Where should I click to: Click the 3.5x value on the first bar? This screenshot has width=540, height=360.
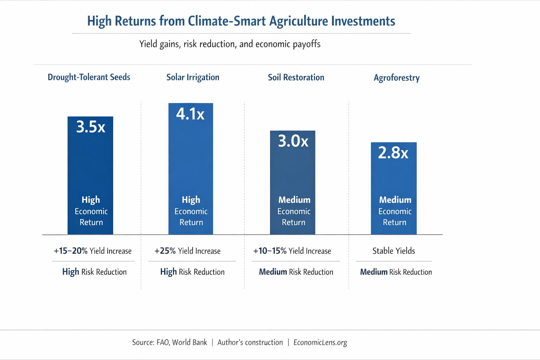(x=91, y=127)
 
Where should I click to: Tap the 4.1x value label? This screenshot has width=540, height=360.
(x=190, y=114)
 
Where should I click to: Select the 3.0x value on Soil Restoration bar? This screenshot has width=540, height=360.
(x=293, y=141)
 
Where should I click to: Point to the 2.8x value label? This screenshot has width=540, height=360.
(x=393, y=153)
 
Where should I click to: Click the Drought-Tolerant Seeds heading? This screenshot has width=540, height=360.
(x=89, y=77)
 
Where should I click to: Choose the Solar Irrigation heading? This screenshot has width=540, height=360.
(x=193, y=77)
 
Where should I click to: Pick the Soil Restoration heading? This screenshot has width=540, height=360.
(x=296, y=77)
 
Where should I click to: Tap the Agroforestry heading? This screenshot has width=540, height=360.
(x=397, y=78)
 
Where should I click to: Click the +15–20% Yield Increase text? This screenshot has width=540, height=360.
(x=92, y=251)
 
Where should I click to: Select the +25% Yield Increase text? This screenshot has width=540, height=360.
(x=187, y=251)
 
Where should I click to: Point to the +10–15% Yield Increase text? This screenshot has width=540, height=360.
(x=292, y=251)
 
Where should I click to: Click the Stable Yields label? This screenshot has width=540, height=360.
(x=394, y=251)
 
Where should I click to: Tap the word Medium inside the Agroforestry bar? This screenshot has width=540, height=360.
(x=395, y=200)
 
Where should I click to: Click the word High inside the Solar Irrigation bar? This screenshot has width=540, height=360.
(x=191, y=200)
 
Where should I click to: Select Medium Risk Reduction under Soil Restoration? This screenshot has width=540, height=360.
(x=296, y=272)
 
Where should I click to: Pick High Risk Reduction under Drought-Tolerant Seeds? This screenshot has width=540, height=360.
(x=94, y=272)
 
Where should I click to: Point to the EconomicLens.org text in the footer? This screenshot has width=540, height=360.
(x=320, y=342)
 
